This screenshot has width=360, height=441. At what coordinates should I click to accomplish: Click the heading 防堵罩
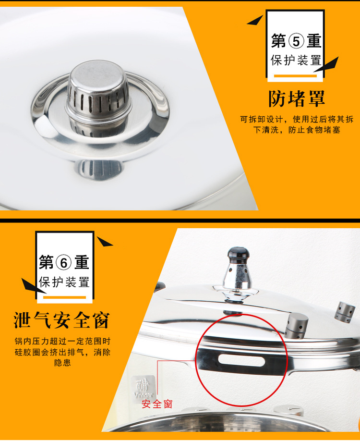297,98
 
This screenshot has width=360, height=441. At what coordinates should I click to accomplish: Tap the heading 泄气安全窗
61,320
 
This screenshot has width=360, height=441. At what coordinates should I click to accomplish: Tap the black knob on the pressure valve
239,254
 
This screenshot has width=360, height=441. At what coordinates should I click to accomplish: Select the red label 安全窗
157,404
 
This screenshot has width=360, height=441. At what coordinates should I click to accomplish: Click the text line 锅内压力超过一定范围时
62,342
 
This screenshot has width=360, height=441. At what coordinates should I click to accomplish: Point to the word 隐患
62,363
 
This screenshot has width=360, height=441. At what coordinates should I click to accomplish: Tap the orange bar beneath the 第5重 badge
295,76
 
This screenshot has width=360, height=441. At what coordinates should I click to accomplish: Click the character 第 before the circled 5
279,42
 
